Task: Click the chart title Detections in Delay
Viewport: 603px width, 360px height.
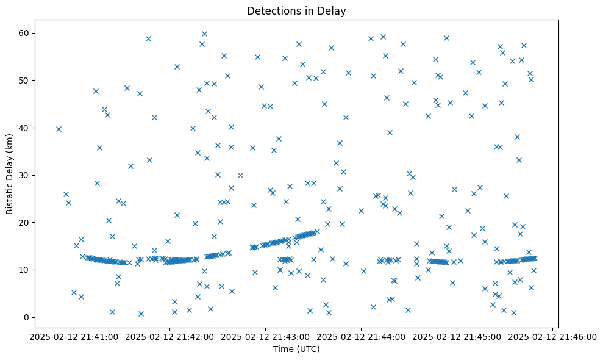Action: pyautogui.click(x=296, y=10)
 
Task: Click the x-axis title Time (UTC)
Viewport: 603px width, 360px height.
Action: pyautogui.click(x=296, y=350)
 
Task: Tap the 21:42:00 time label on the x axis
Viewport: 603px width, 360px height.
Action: pyautogui.click(x=169, y=335)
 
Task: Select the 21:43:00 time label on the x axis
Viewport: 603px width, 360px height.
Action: pyautogui.click(x=265, y=335)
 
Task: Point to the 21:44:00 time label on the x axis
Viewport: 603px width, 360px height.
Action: pyautogui.click(x=361, y=335)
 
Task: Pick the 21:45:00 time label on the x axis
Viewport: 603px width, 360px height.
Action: pyautogui.click(x=457, y=335)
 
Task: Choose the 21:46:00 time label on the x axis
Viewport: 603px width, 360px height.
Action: pyautogui.click(x=552, y=335)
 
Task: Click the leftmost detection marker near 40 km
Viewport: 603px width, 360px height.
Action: pyautogui.click(x=59, y=129)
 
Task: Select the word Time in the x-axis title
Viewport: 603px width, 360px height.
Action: pyautogui.click(x=282, y=350)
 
